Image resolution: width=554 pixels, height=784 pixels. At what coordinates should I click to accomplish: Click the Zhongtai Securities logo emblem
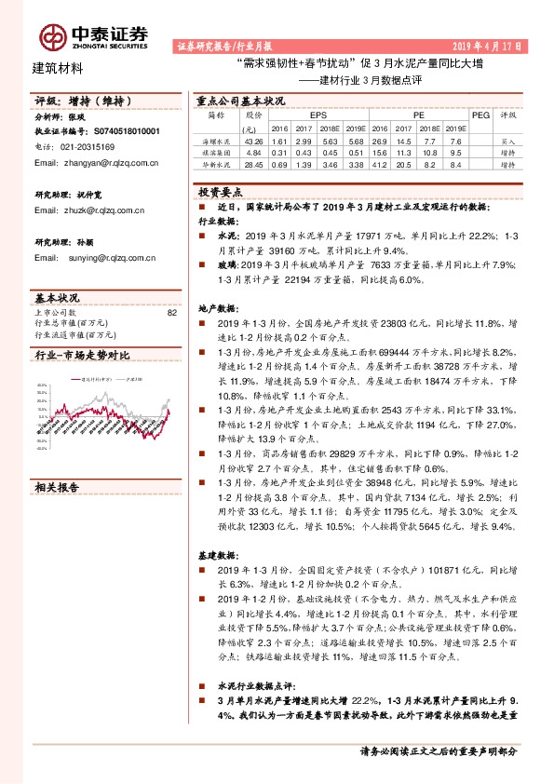(x=55, y=35)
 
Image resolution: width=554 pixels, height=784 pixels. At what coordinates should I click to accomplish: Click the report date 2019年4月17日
(x=488, y=45)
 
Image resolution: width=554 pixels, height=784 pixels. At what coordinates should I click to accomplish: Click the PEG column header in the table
(x=480, y=115)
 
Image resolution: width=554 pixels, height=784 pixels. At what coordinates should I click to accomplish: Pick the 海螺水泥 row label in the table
(x=216, y=138)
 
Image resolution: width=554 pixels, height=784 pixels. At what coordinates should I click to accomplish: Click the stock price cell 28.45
(x=252, y=164)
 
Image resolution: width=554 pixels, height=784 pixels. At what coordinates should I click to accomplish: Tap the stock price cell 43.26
(x=252, y=138)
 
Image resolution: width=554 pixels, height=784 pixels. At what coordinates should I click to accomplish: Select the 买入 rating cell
(x=507, y=138)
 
